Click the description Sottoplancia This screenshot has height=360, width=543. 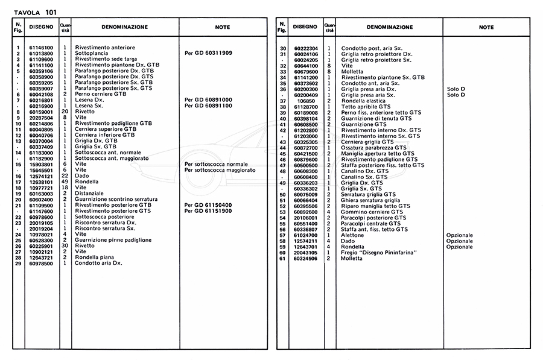(91, 53)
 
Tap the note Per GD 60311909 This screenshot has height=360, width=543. (208, 53)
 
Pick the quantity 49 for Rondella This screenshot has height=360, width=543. (65, 182)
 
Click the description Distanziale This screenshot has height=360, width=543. (89, 193)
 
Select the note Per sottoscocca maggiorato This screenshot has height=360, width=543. (220, 170)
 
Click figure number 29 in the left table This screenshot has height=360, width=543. (18, 264)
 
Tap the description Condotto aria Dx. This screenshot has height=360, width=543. (99, 264)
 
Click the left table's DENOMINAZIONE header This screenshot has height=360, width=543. (124, 27)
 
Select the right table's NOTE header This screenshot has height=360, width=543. (486, 27)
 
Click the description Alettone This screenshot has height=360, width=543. (352, 235)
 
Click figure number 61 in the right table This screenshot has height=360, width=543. (282, 258)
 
